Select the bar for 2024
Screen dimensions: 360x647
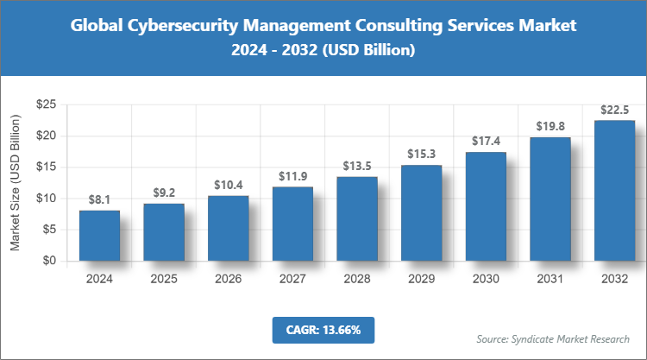[x=99, y=235]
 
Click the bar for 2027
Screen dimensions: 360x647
[x=292, y=223]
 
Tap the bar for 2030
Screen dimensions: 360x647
[x=486, y=206]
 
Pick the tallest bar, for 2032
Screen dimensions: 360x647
[x=614, y=190]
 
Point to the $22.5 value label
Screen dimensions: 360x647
[x=614, y=110]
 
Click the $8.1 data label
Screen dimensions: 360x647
[x=99, y=199]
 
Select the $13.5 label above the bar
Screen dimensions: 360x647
[x=356, y=166]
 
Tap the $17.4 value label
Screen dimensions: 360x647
[x=486, y=141]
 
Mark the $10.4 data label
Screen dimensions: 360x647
[x=228, y=185]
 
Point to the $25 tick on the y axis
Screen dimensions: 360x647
[x=46, y=104]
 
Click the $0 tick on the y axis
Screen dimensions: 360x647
[x=49, y=261]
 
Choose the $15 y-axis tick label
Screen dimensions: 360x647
[x=46, y=167]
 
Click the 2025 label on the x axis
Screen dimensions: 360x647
[x=164, y=279]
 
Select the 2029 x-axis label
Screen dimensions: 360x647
[x=421, y=279]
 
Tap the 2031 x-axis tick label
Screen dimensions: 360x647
[x=550, y=279]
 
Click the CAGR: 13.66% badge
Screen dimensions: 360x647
[x=323, y=330]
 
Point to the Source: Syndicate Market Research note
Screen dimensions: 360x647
[x=553, y=338]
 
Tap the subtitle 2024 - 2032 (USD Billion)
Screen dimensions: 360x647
[x=323, y=52]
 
